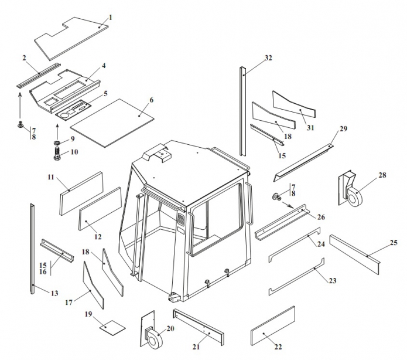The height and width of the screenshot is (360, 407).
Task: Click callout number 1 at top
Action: tap(110, 16)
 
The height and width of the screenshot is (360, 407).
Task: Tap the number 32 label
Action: tap(268, 57)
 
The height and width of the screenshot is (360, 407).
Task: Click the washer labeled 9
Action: tap(57, 142)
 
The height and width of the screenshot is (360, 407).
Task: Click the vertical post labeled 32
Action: tap(241, 111)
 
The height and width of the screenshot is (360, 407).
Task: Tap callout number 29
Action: tap(343, 128)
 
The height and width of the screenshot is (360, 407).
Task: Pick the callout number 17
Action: tap(69, 303)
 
